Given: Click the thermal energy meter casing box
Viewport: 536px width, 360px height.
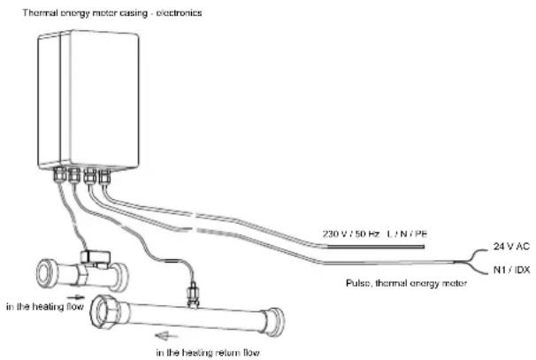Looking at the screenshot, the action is (88, 100).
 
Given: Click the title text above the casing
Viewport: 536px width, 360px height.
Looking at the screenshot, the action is (112, 13).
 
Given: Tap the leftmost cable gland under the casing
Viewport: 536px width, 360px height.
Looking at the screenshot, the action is (59, 175).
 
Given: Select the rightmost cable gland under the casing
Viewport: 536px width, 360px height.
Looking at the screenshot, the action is (104, 177).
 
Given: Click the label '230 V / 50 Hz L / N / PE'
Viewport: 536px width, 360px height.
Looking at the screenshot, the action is (375, 234).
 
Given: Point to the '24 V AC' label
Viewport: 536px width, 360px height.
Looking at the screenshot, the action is (511, 246).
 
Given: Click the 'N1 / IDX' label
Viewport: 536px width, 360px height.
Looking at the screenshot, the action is (511, 270).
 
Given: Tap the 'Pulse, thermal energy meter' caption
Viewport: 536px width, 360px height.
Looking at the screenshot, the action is (406, 283).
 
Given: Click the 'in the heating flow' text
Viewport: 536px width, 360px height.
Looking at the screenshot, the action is (45, 306).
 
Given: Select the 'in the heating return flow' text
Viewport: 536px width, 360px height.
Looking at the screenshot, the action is (208, 352).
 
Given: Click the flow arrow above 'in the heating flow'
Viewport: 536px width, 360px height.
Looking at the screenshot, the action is (75, 296).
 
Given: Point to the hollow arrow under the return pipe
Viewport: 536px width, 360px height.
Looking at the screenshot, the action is (166, 336).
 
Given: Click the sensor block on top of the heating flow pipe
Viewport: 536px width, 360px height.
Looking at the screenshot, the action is (96, 257).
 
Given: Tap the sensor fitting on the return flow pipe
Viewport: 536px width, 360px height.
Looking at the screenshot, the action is (193, 295).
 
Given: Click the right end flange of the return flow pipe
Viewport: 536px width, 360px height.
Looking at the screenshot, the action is (274, 322).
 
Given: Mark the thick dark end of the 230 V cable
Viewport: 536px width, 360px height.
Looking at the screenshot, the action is (375, 247).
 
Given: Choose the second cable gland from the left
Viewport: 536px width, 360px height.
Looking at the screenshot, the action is (74, 175).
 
